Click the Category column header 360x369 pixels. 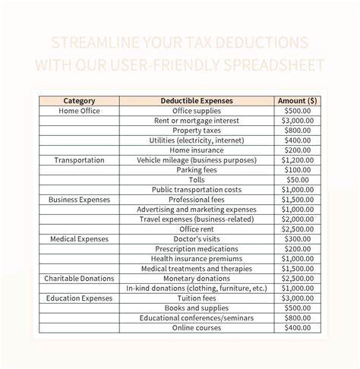[79, 100]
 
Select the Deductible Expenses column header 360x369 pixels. [197, 100]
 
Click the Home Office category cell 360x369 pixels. [79, 111]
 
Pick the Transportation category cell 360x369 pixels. [79, 160]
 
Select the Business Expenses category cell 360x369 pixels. [79, 200]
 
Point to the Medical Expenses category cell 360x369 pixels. [79, 239]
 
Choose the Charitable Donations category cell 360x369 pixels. [79, 279]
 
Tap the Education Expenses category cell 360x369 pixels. [79, 298]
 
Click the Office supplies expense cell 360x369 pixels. [197, 111]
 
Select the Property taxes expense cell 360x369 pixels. [197, 131]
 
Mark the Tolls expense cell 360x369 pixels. [197, 180]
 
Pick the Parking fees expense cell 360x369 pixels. [197, 170]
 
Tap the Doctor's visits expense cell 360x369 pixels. [197, 239]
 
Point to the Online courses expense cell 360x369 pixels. [197, 328]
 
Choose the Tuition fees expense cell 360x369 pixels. [197, 298]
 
